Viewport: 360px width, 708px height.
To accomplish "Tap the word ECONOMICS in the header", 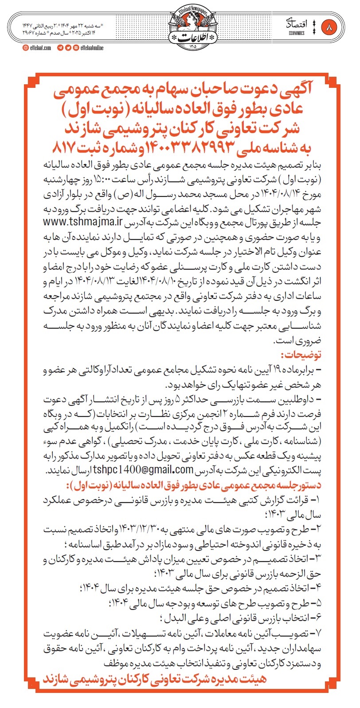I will pos(296,33).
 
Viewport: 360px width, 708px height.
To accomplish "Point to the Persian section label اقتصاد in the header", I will pos(296,24).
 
